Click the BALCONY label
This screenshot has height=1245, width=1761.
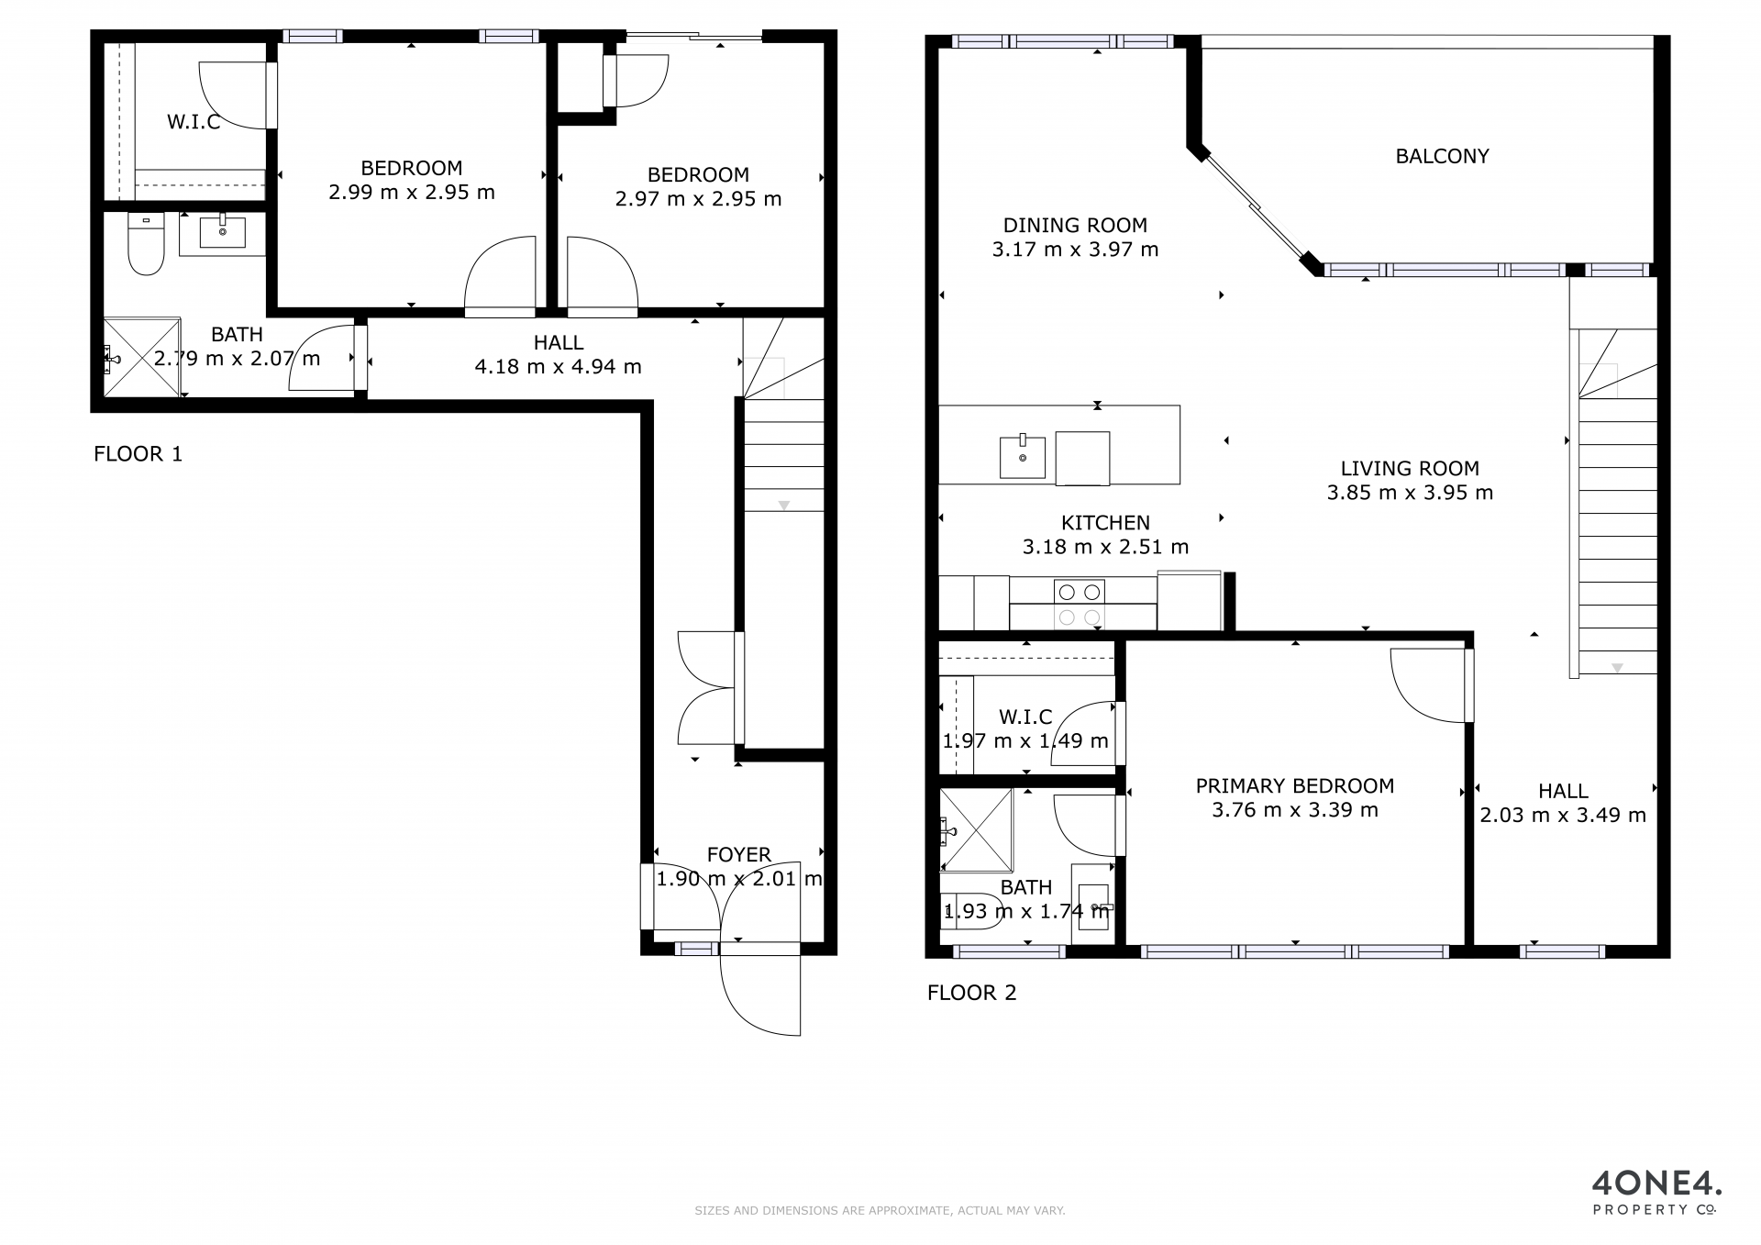point(1442,156)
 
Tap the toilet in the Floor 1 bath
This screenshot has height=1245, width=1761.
point(146,244)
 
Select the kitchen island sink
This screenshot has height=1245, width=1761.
point(1022,456)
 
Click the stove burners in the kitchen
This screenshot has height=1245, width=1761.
point(1079,604)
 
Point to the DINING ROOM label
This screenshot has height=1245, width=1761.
point(1075,226)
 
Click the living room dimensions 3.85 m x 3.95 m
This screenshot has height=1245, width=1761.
point(1410,493)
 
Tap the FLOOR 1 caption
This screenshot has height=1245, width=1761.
point(138,453)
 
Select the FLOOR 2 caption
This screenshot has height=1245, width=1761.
point(971,992)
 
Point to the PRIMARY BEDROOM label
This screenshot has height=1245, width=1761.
point(1295,786)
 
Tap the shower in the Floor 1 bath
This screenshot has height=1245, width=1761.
point(142,357)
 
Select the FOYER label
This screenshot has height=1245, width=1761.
point(738,855)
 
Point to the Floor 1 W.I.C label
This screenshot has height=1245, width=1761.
point(194,122)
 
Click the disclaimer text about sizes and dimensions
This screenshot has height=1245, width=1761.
point(880,1211)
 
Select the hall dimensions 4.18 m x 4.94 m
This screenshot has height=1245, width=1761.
point(558,367)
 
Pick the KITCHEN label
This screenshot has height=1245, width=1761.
point(1105,523)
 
